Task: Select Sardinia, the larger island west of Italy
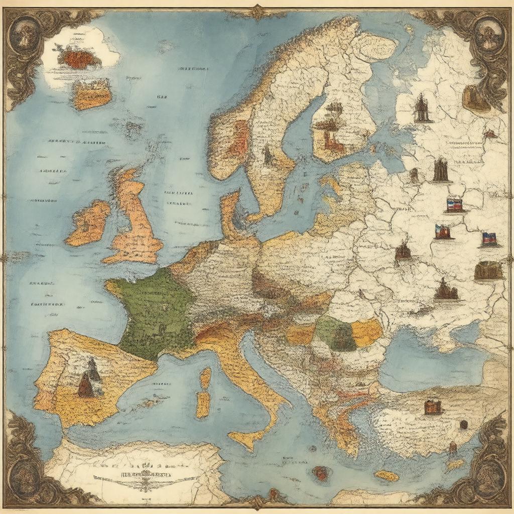203,404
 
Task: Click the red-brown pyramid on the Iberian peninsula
86,387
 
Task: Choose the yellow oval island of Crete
387,475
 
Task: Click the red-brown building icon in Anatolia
433,407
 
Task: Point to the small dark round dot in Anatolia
464,425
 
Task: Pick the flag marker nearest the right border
489,239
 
